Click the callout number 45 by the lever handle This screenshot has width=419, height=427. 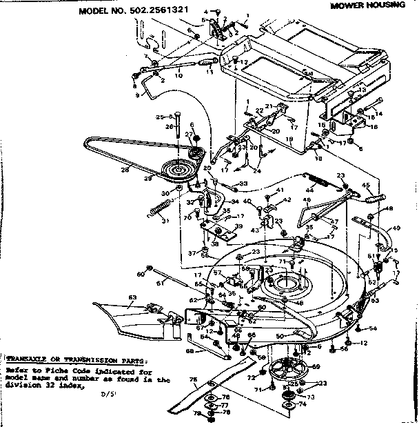(367, 185)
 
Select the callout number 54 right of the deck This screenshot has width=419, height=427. (373, 328)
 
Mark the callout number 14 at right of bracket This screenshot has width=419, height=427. (378, 113)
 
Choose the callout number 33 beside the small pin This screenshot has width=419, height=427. (243, 183)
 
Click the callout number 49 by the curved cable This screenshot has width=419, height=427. (397, 228)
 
